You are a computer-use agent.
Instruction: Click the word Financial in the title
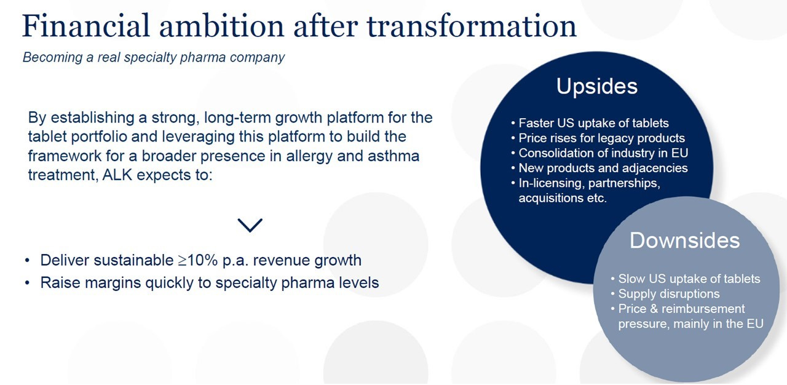[x=86, y=26]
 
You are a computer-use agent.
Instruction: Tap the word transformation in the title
[x=472, y=26]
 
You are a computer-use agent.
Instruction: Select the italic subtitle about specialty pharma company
[x=154, y=57]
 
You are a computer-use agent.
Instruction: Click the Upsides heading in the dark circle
[x=596, y=86]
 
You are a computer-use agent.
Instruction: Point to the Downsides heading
[x=684, y=240]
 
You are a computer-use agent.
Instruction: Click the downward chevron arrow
[x=250, y=225]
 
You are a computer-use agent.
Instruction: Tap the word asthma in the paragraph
[x=393, y=156]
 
